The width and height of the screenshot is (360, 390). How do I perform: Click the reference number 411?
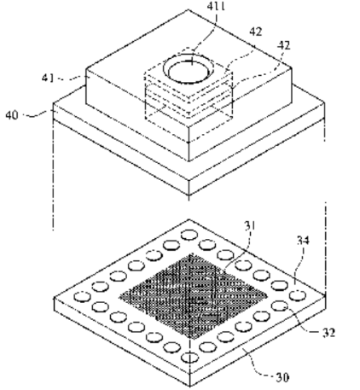(216, 6)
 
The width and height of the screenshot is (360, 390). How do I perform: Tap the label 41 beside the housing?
(48, 78)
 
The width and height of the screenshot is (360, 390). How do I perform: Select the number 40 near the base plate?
(12, 115)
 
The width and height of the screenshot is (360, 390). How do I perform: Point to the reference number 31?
(250, 226)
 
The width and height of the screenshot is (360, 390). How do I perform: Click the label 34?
(303, 241)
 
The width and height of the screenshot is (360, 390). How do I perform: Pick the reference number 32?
(328, 332)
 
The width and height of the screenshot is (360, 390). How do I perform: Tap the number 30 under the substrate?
(282, 378)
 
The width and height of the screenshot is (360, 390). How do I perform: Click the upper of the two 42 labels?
(256, 32)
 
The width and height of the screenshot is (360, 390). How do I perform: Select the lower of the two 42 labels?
(284, 45)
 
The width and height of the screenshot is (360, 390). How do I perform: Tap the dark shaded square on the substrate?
(193, 296)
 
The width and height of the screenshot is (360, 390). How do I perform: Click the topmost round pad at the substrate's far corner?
(189, 235)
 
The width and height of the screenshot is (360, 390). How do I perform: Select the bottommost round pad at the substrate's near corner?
(189, 358)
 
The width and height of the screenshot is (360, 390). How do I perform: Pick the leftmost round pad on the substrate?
(82, 296)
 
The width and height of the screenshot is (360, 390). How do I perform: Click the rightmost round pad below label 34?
(298, 295)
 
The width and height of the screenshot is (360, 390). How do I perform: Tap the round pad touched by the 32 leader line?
(280, 306)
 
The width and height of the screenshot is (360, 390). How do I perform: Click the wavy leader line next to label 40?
(35, 114)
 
